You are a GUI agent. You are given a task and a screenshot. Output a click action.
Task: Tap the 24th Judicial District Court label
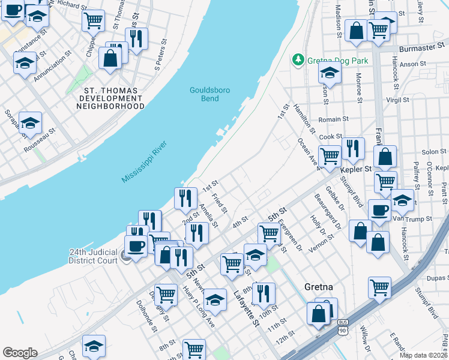click(x=92, y=256)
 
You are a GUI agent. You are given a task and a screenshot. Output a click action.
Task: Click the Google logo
click(x=20, y=353)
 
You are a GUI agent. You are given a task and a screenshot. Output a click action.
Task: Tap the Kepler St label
click(x=352, y=169)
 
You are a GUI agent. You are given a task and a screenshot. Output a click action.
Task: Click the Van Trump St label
click(x=420, y=219)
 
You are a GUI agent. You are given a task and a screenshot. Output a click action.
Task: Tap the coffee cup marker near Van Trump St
click(x=379, y=210)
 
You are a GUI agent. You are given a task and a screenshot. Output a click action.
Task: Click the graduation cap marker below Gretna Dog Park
click(x=329, y=73)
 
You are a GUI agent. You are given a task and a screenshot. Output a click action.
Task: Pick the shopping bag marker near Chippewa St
click(x=110, y=58)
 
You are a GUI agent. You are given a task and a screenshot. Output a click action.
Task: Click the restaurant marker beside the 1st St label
click(x=185, y=197)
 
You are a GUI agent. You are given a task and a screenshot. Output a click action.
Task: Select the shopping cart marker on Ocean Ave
click(x=330, y=156)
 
